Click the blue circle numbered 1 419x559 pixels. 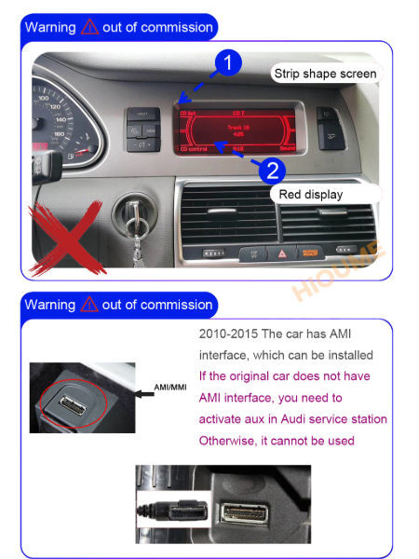pos(230,63)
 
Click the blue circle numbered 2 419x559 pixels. pos(270,170)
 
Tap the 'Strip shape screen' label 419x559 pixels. pos(324,73)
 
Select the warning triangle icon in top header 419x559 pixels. pos(89,28)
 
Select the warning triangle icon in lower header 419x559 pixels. pos(89,305)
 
